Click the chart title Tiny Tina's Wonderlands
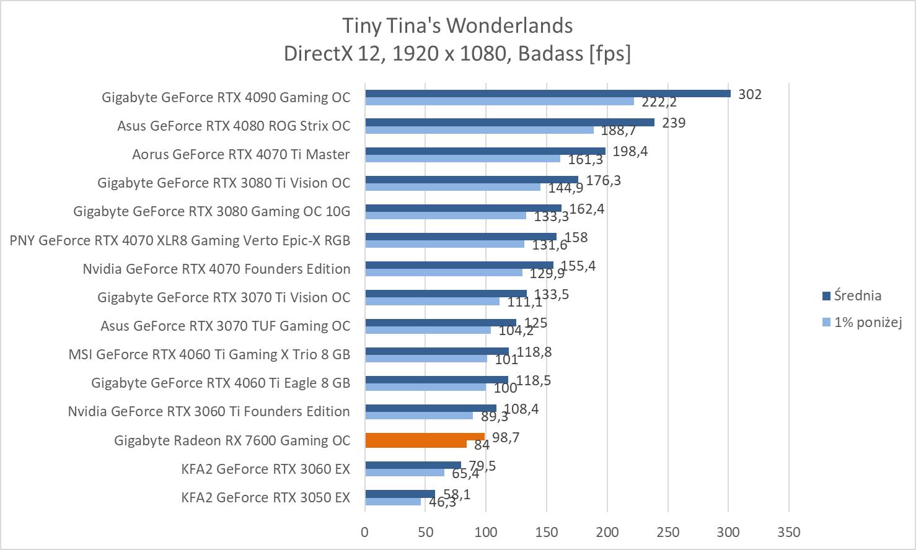(457, 25)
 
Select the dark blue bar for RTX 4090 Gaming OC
(548, 94)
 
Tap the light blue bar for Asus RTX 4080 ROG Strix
(479, 130)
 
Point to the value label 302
(750, 94)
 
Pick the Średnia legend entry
(857, 295)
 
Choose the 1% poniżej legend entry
(867, 322)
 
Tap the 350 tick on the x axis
(788, 532)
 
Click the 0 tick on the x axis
(364, 532)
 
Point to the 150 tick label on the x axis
(546, 532)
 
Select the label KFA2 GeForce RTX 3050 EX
(265, 497)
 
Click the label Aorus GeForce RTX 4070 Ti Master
(240, 154)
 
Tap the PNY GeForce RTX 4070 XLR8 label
(180, 240)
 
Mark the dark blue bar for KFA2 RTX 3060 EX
(413, 465)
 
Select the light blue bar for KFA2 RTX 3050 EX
(392, 502)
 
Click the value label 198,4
(630, 151)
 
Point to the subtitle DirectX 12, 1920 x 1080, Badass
(457, 54)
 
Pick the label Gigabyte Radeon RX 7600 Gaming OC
(232, 440)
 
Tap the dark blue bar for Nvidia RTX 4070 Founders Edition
(459, 265)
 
